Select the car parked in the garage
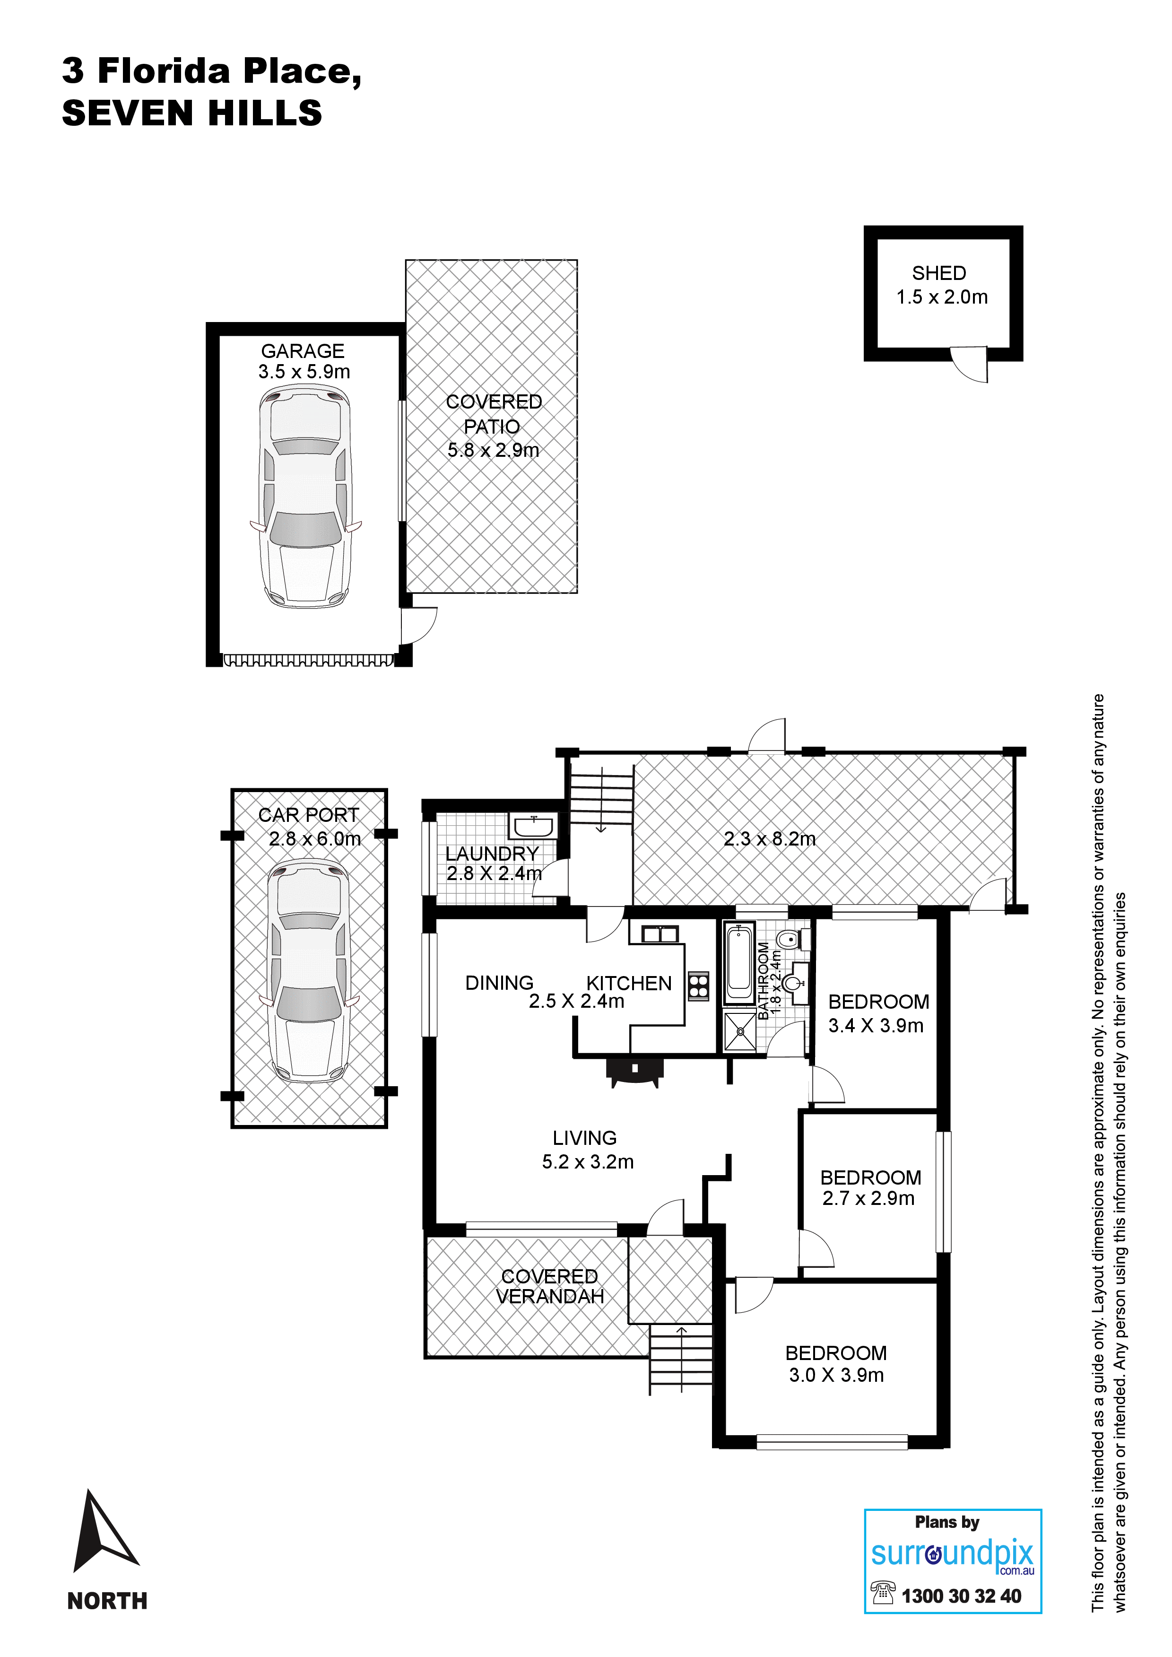306,497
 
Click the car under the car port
309,971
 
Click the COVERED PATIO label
494,413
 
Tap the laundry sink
533,825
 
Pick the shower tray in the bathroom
740,1032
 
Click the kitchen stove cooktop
698,986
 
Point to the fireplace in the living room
635,1071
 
